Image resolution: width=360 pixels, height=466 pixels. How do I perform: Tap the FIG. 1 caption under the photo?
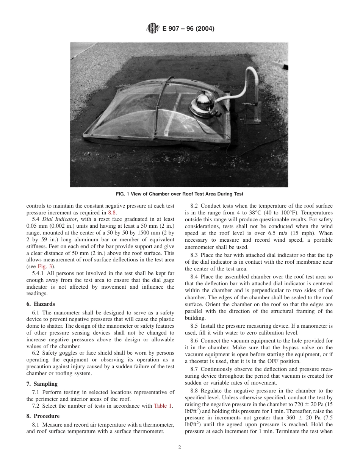[x=180, y=194]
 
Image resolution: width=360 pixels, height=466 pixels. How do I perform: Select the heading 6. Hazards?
[x=41, y=304]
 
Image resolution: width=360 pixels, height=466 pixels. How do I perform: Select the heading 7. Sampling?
[x=42, y=384]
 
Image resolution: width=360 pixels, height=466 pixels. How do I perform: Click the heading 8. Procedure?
[x=43, y=416]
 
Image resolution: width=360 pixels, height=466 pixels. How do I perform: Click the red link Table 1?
[x=163, y=406]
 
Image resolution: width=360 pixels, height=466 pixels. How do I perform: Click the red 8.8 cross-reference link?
[x=113, y=213]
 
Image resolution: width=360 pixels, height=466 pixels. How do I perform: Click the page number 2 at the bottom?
[x=180, y=447]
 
